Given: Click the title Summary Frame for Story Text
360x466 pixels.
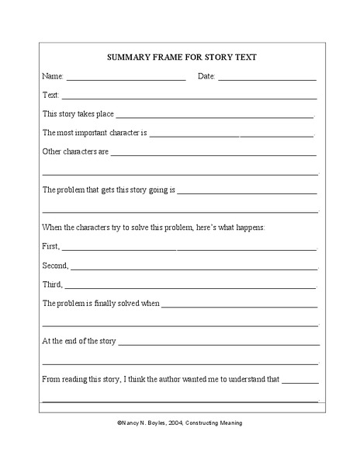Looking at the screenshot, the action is click(x=180, y=57).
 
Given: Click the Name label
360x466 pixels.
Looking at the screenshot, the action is click(x=52, y=76).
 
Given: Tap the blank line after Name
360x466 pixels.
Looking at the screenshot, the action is click(x=126, y=78).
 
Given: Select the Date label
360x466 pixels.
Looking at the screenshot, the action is click(x=206, y=76).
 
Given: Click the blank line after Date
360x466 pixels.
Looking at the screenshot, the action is click(x=267, y=78).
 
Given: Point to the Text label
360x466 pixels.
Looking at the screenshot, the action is click(x=50, y=95).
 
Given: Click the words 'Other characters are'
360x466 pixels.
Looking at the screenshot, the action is click(x=75, y=151).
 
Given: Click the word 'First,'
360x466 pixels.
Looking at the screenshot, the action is click(x=51, y=246).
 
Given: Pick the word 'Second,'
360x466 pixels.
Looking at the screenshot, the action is click(x=55, y=265).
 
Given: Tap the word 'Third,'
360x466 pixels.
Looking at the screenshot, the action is click(x=53, y=284).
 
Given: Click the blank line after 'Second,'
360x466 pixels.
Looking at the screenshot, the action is click(x=194, y=268).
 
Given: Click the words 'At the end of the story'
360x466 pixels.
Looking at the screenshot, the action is click(x=79, y=340).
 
